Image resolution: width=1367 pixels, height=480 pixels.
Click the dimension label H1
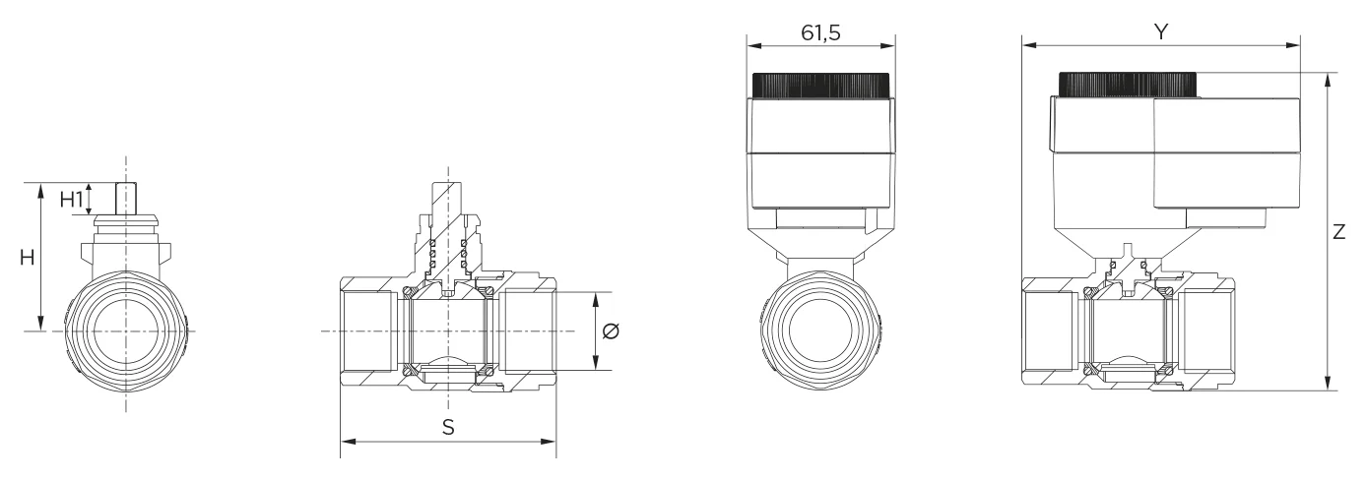(71, 200)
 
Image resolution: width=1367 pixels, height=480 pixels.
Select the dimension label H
(29, 257)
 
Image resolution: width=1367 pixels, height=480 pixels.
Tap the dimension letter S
(448, 428)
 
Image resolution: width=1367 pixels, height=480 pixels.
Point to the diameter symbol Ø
(610, 331)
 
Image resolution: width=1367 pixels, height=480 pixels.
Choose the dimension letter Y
(1161, 31)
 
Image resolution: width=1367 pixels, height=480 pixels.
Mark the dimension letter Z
(1339, 232)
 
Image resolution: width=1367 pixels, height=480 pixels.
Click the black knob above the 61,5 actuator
(821, 86)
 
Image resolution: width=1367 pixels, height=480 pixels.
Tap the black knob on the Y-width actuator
(1128, 85)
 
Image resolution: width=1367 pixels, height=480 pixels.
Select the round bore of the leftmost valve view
(126, 331)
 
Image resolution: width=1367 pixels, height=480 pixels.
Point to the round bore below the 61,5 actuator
(820, 331)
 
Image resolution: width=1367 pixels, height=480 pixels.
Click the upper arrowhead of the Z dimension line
(1329, 79)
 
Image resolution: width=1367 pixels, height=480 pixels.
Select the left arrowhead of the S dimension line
(346, 441)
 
